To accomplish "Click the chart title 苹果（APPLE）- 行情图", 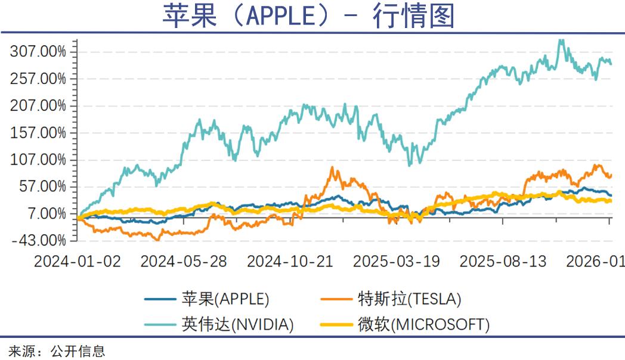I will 308,16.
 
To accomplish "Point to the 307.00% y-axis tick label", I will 38,52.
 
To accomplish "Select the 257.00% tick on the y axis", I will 38,79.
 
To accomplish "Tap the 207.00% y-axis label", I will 38,106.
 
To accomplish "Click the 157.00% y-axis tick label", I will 38,133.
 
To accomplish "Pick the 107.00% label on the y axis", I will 38,160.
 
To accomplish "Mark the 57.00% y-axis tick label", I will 42,187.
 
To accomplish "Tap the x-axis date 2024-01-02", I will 78,262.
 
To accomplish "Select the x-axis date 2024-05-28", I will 184,262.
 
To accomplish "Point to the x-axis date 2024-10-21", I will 290,262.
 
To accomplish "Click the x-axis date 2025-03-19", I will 397,262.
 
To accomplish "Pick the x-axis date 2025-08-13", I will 503,262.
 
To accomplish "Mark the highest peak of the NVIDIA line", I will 560,40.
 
